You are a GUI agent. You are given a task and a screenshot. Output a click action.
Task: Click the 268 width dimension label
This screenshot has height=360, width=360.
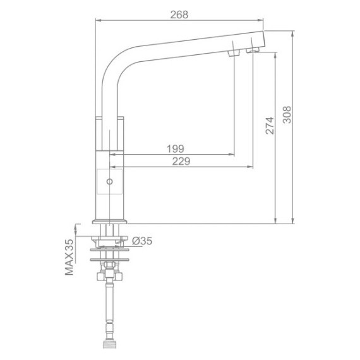click(x=179, y=15)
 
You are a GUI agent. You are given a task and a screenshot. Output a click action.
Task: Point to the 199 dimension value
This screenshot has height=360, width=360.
click(x=175, y=149)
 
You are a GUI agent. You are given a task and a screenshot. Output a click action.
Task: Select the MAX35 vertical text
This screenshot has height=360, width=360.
click(x=69, y=258)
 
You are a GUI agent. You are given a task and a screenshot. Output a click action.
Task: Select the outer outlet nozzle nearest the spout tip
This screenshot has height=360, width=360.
click(x=253, y=50)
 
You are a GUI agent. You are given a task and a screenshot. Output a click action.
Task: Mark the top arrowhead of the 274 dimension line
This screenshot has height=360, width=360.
click(x=276, y=53)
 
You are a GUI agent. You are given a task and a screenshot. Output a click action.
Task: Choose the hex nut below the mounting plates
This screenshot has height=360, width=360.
click(x=111, y=276)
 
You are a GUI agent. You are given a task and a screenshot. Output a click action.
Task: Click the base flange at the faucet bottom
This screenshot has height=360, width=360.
click(x=111, y=221)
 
